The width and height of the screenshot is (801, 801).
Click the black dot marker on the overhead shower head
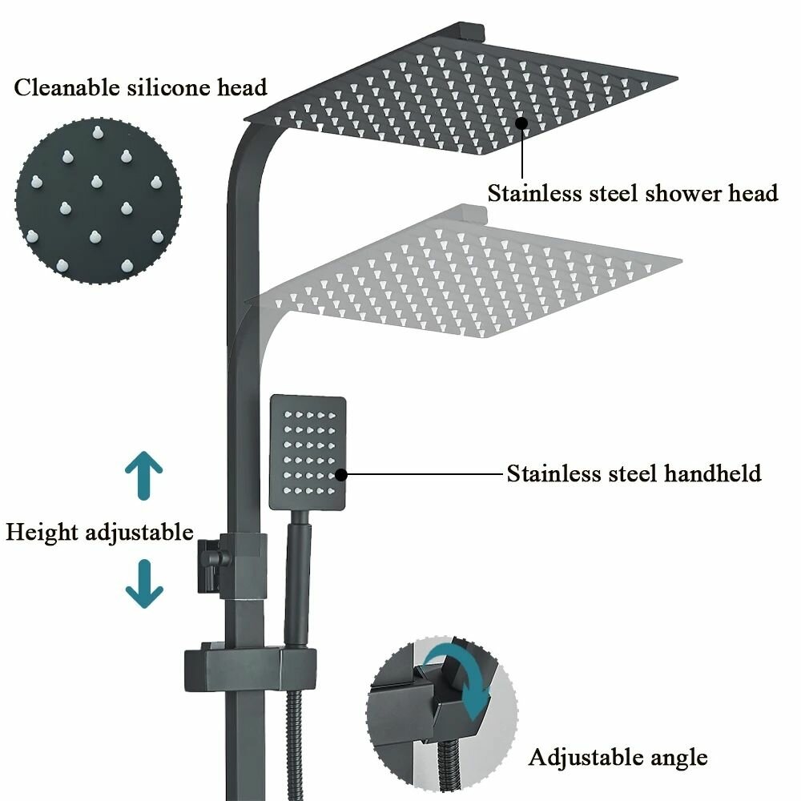pos(521,123)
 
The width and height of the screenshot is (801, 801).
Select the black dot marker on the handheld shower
pos(341,474)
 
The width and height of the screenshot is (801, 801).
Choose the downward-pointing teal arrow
pos(144,584)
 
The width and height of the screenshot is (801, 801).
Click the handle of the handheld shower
pos(296,577)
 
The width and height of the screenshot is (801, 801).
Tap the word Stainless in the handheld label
pos(553,473)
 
